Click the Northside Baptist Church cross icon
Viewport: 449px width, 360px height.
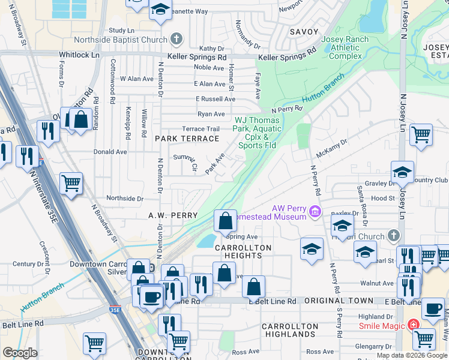point(176,40)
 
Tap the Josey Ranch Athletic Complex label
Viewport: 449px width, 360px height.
point(342,48)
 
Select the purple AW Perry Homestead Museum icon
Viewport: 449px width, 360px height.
point(314,212)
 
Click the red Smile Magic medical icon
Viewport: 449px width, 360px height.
point(413,325)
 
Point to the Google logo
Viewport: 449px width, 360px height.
point(20,353)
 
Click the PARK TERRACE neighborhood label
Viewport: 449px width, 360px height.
point(187,139)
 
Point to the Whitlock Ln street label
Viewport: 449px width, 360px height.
point(79,55)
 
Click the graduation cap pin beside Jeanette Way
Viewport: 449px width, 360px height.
point(160,10)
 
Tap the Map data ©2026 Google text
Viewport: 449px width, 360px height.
point(411,355)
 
